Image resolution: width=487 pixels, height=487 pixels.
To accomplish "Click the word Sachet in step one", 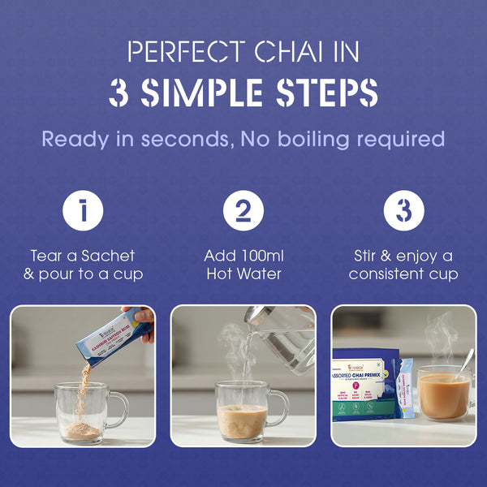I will [107, 255].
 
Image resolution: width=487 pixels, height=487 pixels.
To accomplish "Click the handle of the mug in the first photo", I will [118, 408].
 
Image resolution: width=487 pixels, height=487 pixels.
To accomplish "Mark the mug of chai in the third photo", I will [443, 395].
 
